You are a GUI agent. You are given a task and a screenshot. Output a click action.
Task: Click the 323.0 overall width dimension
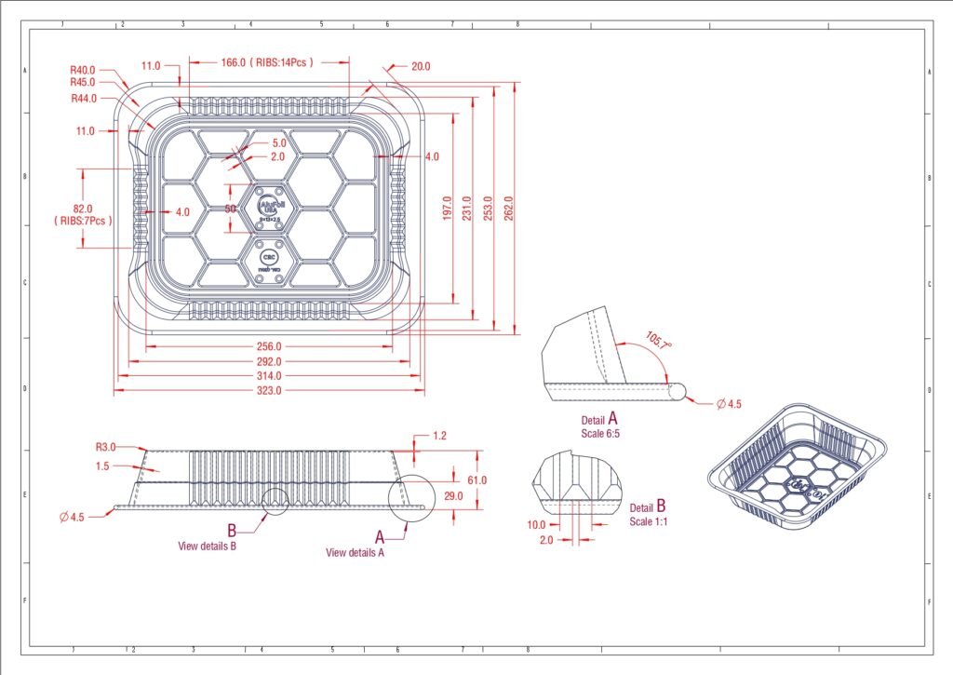270,390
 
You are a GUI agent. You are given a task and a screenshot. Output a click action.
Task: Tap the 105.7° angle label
659,341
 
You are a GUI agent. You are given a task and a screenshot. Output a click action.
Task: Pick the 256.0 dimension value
270,346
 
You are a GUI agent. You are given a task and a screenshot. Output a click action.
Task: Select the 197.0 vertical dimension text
447,208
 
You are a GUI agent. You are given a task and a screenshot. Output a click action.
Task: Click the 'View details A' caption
355,552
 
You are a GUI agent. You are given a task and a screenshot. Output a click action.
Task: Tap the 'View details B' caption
207,546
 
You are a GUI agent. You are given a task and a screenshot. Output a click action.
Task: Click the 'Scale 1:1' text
649,521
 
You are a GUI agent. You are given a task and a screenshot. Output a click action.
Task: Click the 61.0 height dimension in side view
477,480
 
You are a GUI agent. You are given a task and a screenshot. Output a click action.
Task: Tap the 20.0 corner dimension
421,66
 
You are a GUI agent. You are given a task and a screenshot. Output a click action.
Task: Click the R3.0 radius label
107,447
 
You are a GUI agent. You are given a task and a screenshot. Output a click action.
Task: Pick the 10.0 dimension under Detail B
537,524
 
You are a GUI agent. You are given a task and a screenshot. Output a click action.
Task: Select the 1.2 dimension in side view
440,435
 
